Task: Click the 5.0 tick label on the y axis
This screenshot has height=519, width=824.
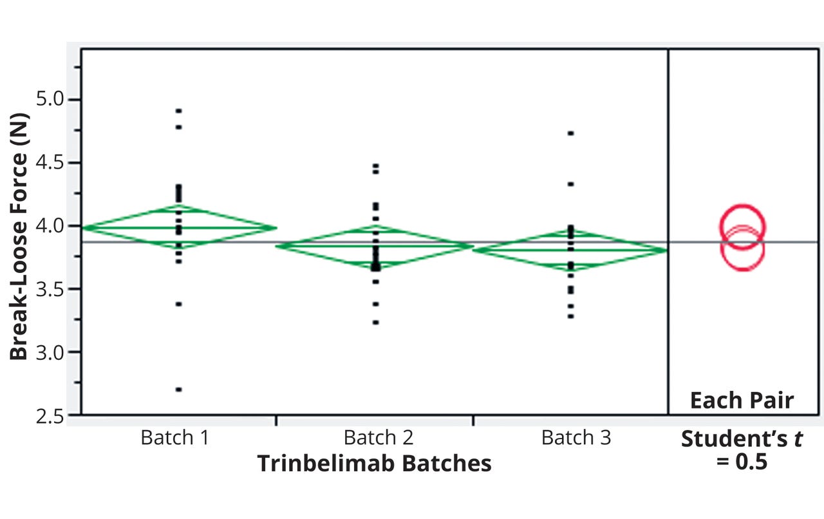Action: tap(44, 100)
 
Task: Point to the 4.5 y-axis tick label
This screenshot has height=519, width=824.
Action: tap(44, 163)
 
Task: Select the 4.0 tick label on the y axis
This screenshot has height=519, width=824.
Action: tap(44, 227)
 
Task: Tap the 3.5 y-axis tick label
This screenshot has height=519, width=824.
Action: tap(44, 290)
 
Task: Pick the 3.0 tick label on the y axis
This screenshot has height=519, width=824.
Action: tap(44, 353)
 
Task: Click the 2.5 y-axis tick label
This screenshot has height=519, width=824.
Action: tap(44, 416)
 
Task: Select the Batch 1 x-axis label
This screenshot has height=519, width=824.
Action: tap(175, 438)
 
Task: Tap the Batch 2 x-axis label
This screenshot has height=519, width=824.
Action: tap(378, 438)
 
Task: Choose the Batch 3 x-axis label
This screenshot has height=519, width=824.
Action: tap(576, 438)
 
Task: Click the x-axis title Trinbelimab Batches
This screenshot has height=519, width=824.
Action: tap(374, 464)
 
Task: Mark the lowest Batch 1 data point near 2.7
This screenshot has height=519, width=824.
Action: tap(178, 390)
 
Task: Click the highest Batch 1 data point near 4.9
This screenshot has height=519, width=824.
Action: tap(178, 111)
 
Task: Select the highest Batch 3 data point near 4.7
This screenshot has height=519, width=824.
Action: tap(570, 133)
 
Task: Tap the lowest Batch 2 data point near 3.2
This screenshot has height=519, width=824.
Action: tap(375, 322)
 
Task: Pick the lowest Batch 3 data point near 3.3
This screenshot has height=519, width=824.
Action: tap(570, 316)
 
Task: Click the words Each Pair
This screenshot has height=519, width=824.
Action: tap(742, 401)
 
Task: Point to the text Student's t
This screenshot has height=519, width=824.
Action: tap(741, 439)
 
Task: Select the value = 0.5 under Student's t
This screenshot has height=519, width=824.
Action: tap(742, 462)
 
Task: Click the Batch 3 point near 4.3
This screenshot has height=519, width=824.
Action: tap(570, 184)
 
